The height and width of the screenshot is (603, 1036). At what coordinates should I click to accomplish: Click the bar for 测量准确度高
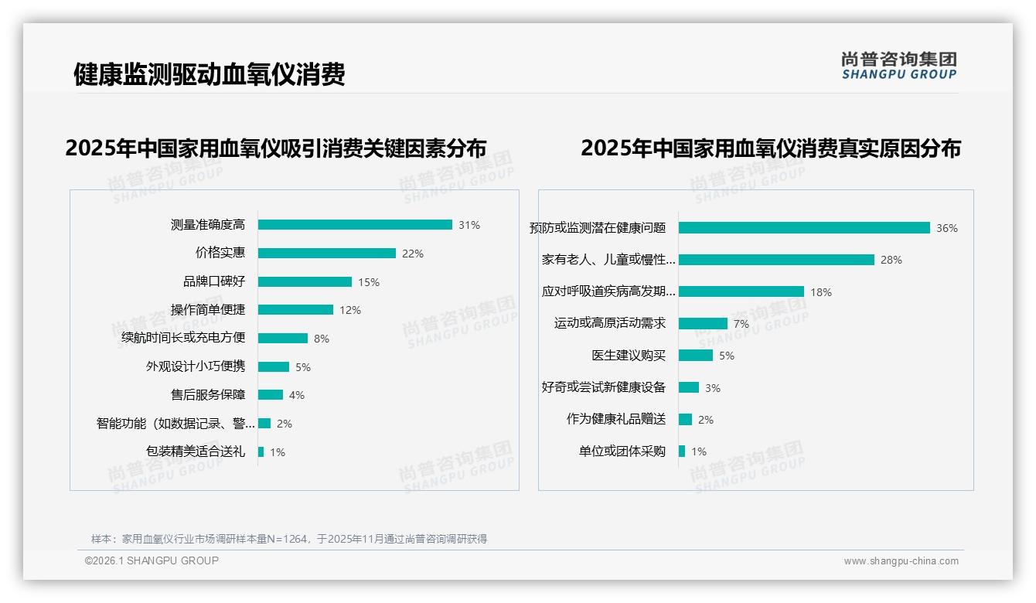[x=355, y=225]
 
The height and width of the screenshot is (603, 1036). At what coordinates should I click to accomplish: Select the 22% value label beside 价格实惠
[x=413, y=254]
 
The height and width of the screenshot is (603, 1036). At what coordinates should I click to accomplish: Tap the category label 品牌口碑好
[x=214, y=281]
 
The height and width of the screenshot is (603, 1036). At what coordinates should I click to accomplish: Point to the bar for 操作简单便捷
[x=295, y=310]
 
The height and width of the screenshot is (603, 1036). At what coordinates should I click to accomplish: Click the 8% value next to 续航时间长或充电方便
[x=322, y=339]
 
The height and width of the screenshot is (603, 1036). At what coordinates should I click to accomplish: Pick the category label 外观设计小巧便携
[x=196, y=366]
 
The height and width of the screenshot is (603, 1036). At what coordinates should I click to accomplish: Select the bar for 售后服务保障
[x=271, y=395]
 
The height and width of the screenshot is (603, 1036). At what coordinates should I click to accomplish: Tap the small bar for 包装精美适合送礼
[x=261, y=451]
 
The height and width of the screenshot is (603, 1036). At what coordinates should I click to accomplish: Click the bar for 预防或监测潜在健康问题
[x=804, y=228]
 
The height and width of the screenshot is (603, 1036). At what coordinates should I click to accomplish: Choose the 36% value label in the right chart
[x=947, y=228]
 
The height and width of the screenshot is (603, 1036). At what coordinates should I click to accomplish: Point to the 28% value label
[x=891, y=260]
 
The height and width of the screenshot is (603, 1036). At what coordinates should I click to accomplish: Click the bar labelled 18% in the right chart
[x=741, y=291]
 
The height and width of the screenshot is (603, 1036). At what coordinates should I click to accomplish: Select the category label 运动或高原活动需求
[x=610, y=323]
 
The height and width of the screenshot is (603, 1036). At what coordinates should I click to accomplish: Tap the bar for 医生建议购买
[x=696, y=356]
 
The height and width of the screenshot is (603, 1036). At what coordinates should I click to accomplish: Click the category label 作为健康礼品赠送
[x=616, y=419]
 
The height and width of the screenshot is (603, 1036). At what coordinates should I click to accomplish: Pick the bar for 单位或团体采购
[x=682, y=451]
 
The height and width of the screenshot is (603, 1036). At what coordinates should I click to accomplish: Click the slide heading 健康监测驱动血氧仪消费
[x=209, y=74]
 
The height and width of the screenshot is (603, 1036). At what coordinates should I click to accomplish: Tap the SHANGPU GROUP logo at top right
[x=899, y=66]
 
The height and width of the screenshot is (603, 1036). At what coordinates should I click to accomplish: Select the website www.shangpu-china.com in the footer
[x=901, y=561]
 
